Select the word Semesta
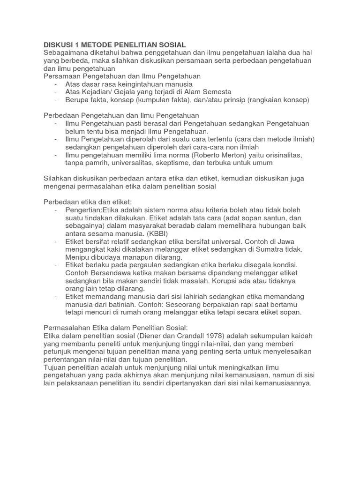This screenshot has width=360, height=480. click(216, 92)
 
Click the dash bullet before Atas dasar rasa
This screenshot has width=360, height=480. click(56, 84)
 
